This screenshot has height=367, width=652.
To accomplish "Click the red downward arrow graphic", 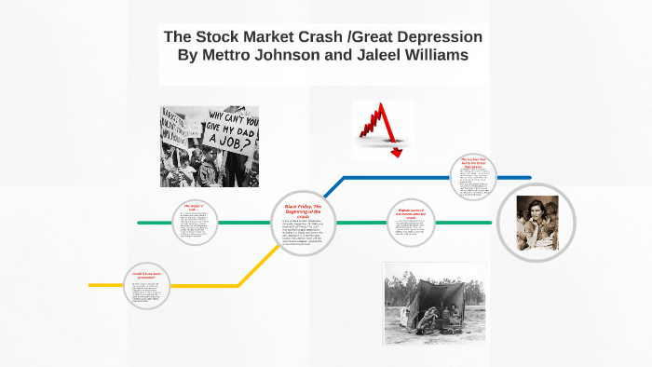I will tap(382, 130).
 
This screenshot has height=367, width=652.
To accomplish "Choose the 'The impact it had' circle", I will tap(194, 223).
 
